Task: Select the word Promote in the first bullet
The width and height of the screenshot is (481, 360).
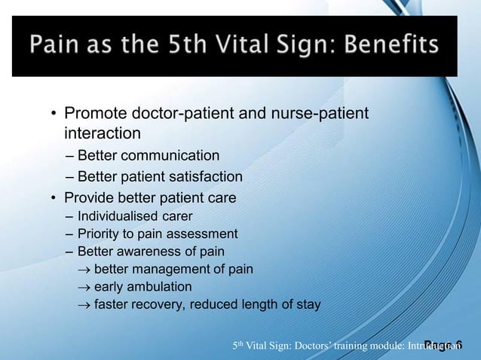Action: point(94,115)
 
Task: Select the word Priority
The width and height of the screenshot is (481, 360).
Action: point(98,233)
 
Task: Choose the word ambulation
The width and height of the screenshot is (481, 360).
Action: point(158,287)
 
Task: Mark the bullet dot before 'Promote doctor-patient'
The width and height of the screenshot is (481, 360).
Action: point(54,116)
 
